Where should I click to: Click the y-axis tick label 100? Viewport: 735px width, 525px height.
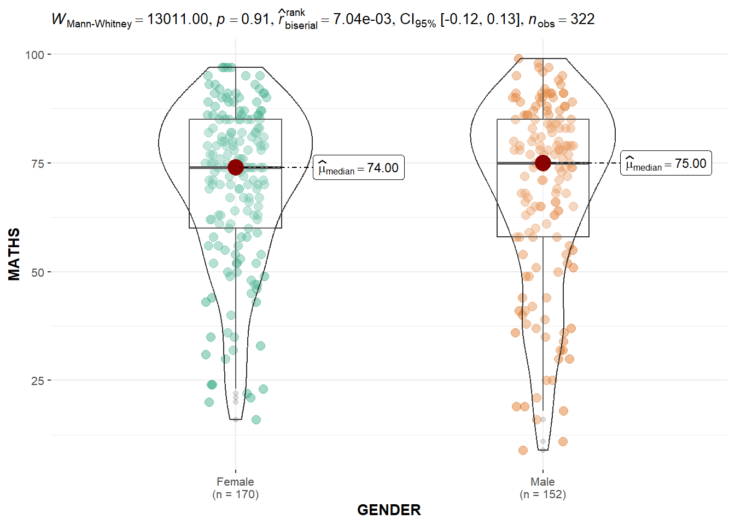click(x=34, y=55)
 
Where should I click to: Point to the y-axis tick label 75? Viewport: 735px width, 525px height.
click(x=37, y=164)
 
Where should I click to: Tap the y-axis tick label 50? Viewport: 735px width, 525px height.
click(x=37, y=272)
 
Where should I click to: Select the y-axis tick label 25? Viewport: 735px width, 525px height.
click(x=37, y=381)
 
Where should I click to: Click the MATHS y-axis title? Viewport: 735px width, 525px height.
click(x=14, y=254)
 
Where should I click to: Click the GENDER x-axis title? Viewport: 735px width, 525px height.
click(x=389, y=510)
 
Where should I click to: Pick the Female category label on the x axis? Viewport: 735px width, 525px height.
click(x=235, y=482)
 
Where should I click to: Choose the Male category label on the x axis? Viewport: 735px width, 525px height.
click(x=542, y=482)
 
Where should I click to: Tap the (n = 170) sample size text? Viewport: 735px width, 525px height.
click(x=235, y=494)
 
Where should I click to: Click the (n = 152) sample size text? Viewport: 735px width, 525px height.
click(x=542, y=494)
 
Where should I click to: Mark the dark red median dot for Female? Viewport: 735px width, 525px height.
click(x=236, y=167)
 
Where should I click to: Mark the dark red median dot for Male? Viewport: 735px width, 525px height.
click(x=542, y=163)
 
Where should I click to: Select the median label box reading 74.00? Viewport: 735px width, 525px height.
click(x=359, y=168)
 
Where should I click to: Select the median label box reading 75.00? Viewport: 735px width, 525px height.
click(x=666, y=164)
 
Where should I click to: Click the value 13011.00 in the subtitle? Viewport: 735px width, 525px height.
click(x=177, y=19)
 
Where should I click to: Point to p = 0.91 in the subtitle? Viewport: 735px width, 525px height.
click(x=242, y=19)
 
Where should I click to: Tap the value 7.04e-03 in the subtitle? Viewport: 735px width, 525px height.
click(x=362, y=19)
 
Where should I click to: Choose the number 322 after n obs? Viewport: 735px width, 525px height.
click(x=582, y=19)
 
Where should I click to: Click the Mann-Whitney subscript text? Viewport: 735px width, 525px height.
click(x=99, y=24)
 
